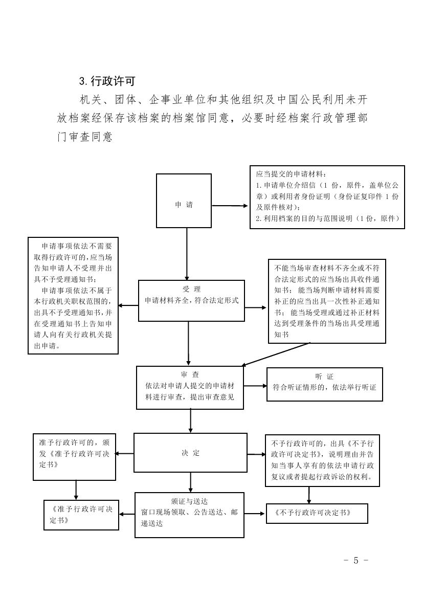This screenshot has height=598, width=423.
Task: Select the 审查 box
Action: (190, 387)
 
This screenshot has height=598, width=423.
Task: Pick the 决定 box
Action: (190, 453)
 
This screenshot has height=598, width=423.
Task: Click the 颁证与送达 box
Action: (189, 515)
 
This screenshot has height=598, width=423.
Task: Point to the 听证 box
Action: (324, 384)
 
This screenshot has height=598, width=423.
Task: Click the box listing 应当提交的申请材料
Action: (327, 197)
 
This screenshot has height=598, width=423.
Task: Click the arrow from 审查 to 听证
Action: (255, 385)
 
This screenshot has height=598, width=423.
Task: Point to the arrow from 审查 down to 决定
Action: (190, 420)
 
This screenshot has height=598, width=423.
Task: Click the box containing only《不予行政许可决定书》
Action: (317, 514)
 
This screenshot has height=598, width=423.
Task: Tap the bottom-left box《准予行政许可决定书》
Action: (81, 514)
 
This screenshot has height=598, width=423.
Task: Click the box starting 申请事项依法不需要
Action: (73, 295)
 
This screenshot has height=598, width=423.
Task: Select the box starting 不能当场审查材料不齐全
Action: (327, 301)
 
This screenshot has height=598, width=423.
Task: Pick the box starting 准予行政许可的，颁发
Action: (74, 456)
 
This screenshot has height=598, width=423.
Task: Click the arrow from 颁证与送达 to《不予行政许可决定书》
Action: (255, 514)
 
